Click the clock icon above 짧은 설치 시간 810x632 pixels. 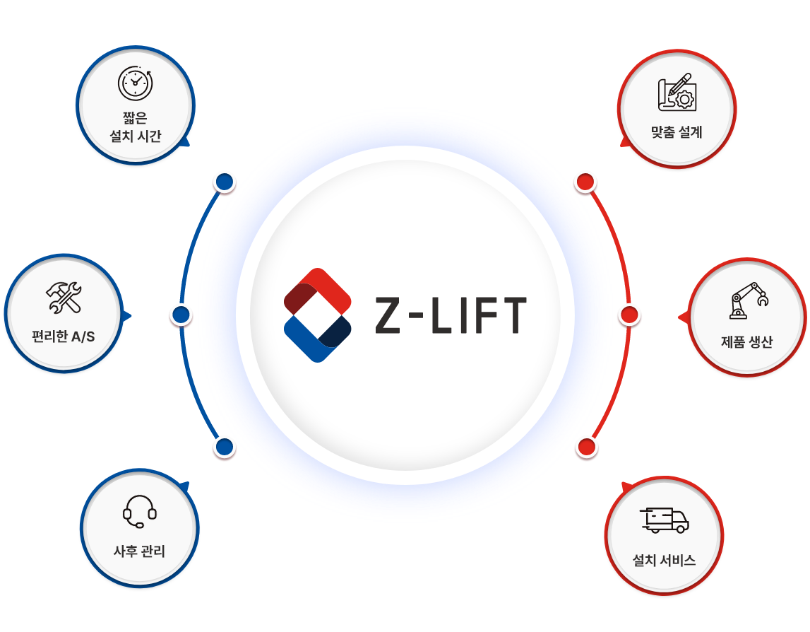click(x=134, y=83)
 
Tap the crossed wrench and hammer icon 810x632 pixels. click(x=64, y=297)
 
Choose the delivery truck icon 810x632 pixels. click(x=664, y=520)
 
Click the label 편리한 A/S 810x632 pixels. click(x=64, y=337)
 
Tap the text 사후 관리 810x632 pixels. click(x=140, y=551)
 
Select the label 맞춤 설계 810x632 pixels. click(x=677, y=131)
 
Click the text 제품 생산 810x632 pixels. click(x=747, y=342)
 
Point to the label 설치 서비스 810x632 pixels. click(x=664, y=561)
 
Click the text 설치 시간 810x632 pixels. click(x=136, y=136)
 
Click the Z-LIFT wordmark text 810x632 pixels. click(x=451, y=315)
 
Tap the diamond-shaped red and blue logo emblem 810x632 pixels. click(x=317, y=315)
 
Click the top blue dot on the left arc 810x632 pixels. click(x=225, y=182)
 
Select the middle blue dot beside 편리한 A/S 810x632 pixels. click(x=181, y=315)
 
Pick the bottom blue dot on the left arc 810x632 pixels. click(x=225, y=447)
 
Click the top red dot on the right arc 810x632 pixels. click(x=585, y=182)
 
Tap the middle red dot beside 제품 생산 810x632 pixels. click(x=629, y=315)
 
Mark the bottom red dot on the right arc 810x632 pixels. click(x=586, y=447)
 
